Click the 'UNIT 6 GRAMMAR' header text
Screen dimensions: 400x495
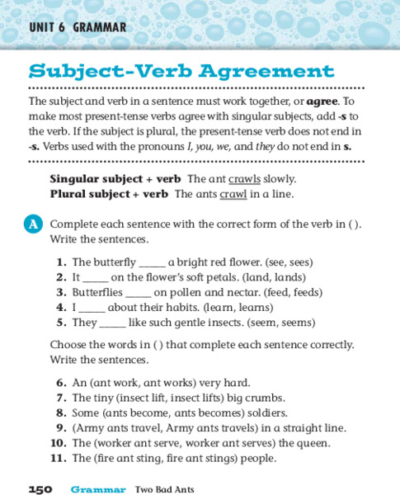pyautogui.click(x=78, y=27)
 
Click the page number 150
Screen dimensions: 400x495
pyautogui.click(x=40, y=489)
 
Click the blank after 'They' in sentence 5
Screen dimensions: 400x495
pyautogui.click(x=113, y=323)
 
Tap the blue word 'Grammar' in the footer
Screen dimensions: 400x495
pyautogui.click(x=98, y=489)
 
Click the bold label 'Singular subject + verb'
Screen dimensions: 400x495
pyautogui.click(x=115, y=178)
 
